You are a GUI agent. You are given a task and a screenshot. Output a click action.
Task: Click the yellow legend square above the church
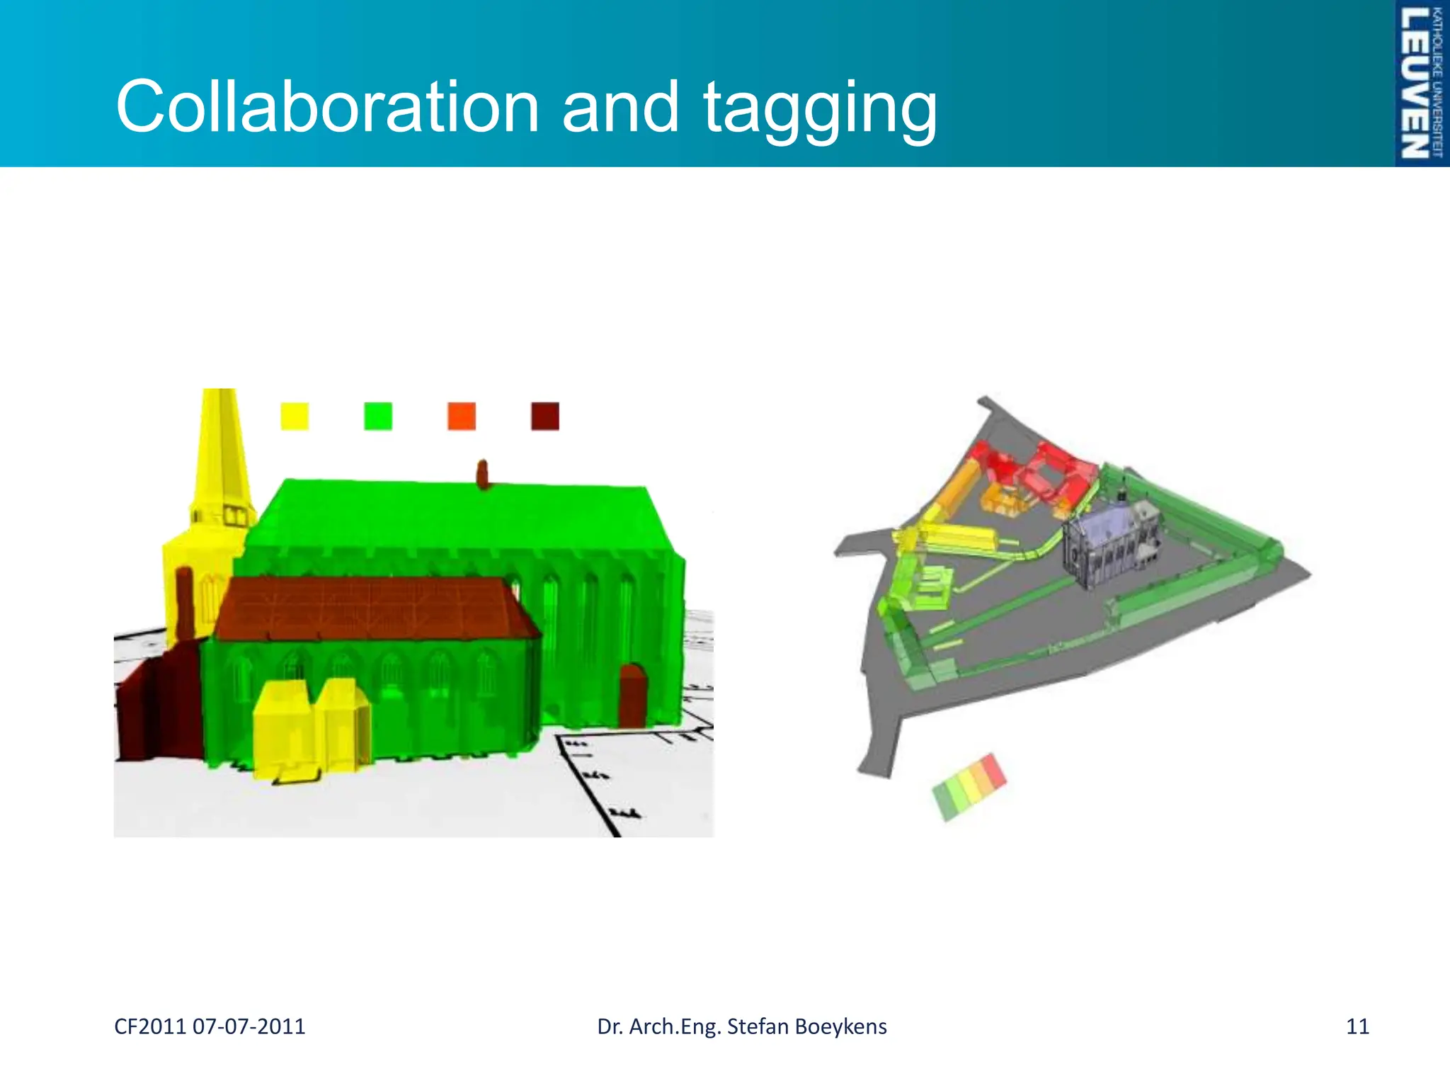pyautogui.click(x=295, y=416)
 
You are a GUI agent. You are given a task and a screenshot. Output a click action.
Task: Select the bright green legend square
pyautogui.click(x=378, y=416)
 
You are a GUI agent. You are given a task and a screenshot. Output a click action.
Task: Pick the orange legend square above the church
pyautogui.click(x=462, y=416)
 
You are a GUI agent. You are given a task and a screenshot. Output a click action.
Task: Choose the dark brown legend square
pyautogui.click(x=545, y=416)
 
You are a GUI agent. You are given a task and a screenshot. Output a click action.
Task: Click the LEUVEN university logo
pyautogui.click(x=1421, y=83)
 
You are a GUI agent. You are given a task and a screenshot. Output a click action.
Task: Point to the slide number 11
pyautogui.click(x=1357, y=1026)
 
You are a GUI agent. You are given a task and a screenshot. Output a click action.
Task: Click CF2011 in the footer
pyautogui.click(x=149, y=1026)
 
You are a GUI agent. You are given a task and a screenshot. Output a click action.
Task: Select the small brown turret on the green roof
pyautogui.click(x=483, y=475)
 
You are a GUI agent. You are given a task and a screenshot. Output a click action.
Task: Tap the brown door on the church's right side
pyautogui.click(x=633, y=695)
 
